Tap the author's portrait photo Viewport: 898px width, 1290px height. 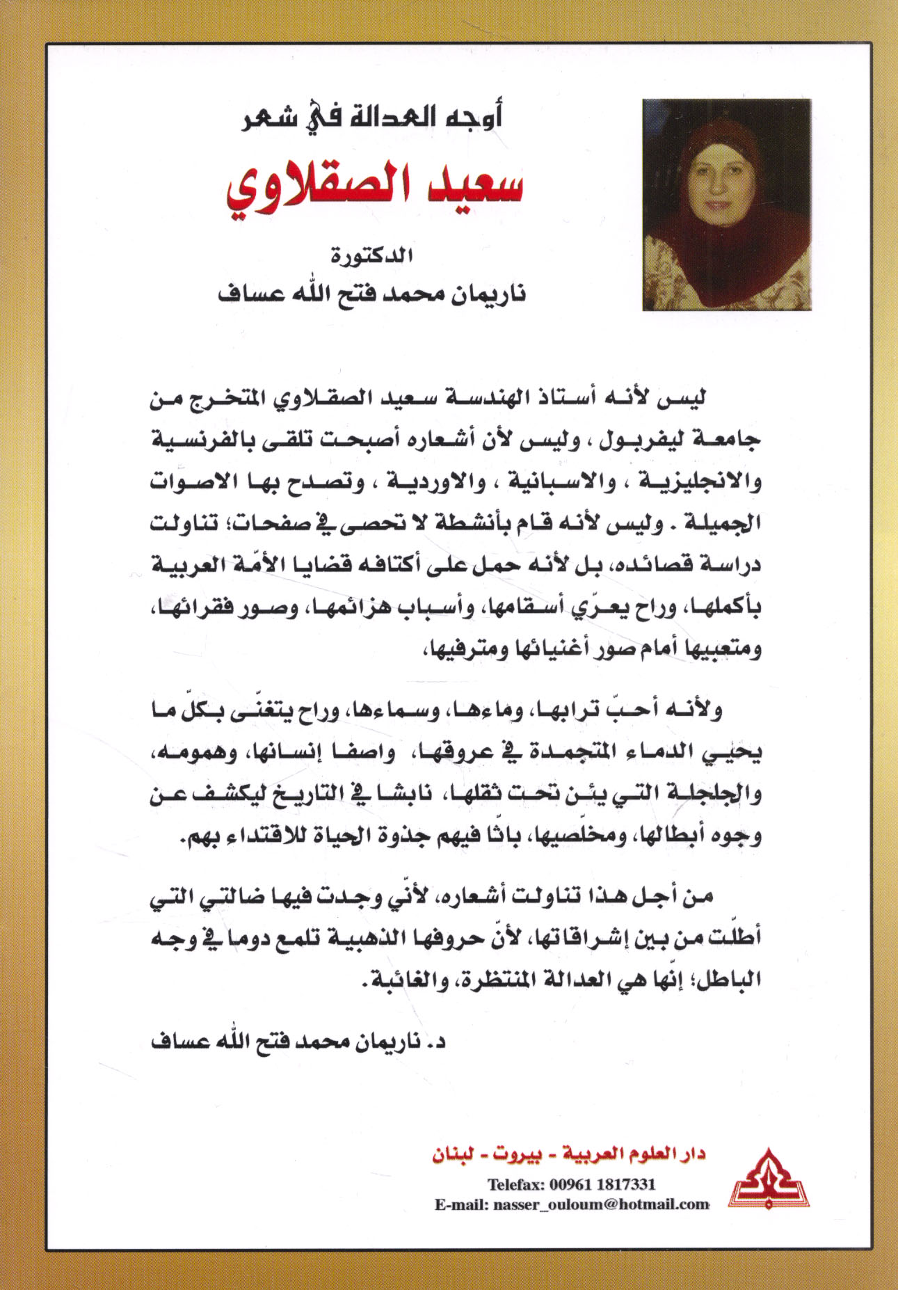tap(726, 205)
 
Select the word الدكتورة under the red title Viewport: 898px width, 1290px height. tap(372, 256)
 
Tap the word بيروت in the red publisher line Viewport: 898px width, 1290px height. tap(515, 1154)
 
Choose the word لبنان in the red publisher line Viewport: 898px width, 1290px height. tap(453, 1154)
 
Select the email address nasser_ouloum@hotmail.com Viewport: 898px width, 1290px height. tap(601, 1204)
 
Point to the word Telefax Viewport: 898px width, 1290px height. tap(515, 1184)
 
